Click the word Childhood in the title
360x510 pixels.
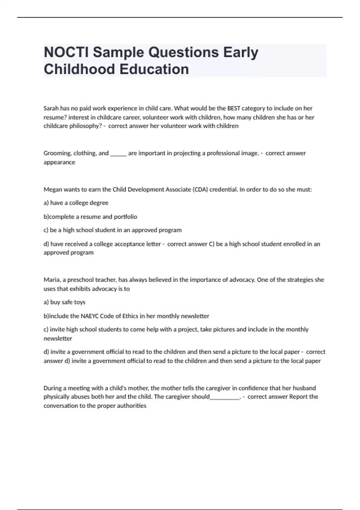(x=79, y=69)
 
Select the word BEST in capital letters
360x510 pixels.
(x=234, y=108)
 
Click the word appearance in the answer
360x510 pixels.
(x=59, y=162)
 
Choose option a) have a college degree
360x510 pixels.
(x=76, y=203)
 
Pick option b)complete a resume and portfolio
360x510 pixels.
(x=90, y=217)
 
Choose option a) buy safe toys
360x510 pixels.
(x=64, y=302)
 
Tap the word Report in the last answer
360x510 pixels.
(x=298, y=397)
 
